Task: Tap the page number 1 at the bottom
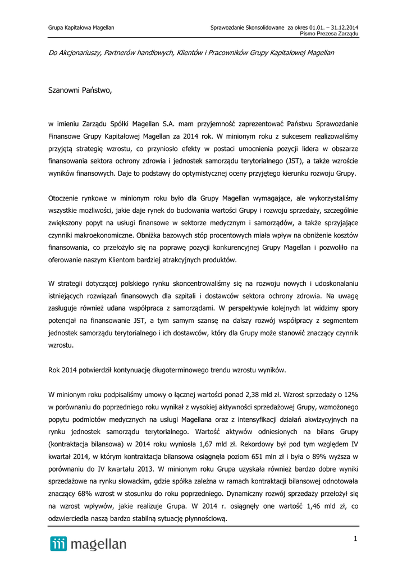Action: (x=356, y=540)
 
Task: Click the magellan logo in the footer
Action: (x=88, y=544)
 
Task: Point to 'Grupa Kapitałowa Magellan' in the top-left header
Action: (x=81, y=27)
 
